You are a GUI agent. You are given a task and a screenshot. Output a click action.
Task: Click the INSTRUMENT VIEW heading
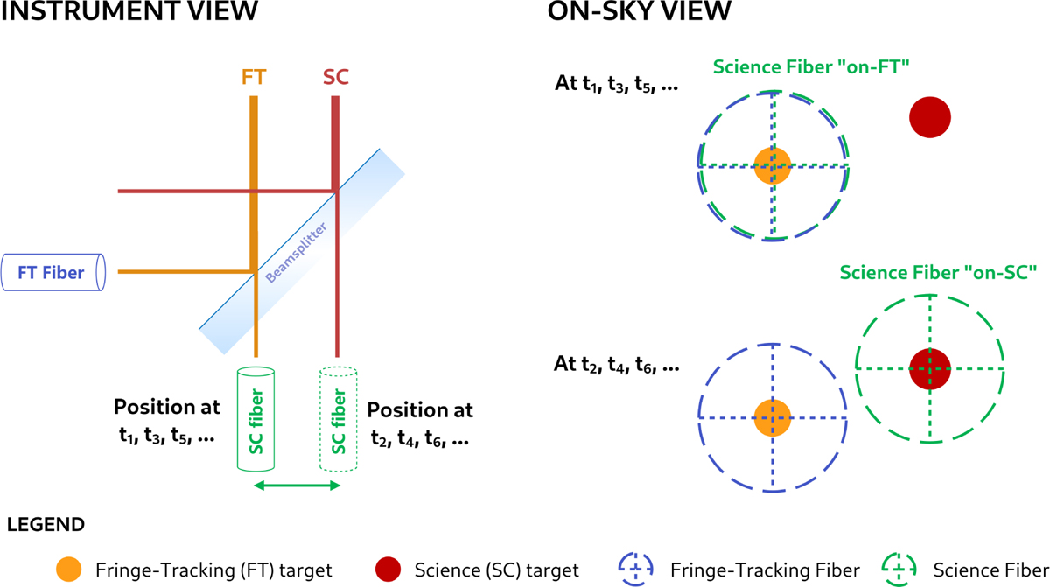coord(129,13)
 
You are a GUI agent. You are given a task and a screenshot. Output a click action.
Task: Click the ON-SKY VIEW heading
coord(639,13)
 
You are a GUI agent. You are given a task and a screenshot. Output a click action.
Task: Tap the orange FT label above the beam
coord(254,77)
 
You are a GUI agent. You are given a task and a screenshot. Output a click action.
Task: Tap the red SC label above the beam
coord(335,77)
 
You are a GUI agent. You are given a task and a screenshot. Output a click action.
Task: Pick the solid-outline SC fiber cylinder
coord(255,417)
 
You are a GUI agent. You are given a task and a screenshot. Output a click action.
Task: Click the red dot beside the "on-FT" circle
coord(930,116)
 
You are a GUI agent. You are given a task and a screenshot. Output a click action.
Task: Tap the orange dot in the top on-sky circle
coord(773,164)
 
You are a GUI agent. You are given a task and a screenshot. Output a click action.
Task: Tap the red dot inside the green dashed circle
coord(929,368)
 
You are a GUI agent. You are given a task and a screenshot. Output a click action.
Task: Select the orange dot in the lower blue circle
coord(773,417)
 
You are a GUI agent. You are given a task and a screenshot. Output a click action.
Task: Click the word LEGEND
coord(45,526)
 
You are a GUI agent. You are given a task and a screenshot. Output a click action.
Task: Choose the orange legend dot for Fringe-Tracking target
coord(70,570)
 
